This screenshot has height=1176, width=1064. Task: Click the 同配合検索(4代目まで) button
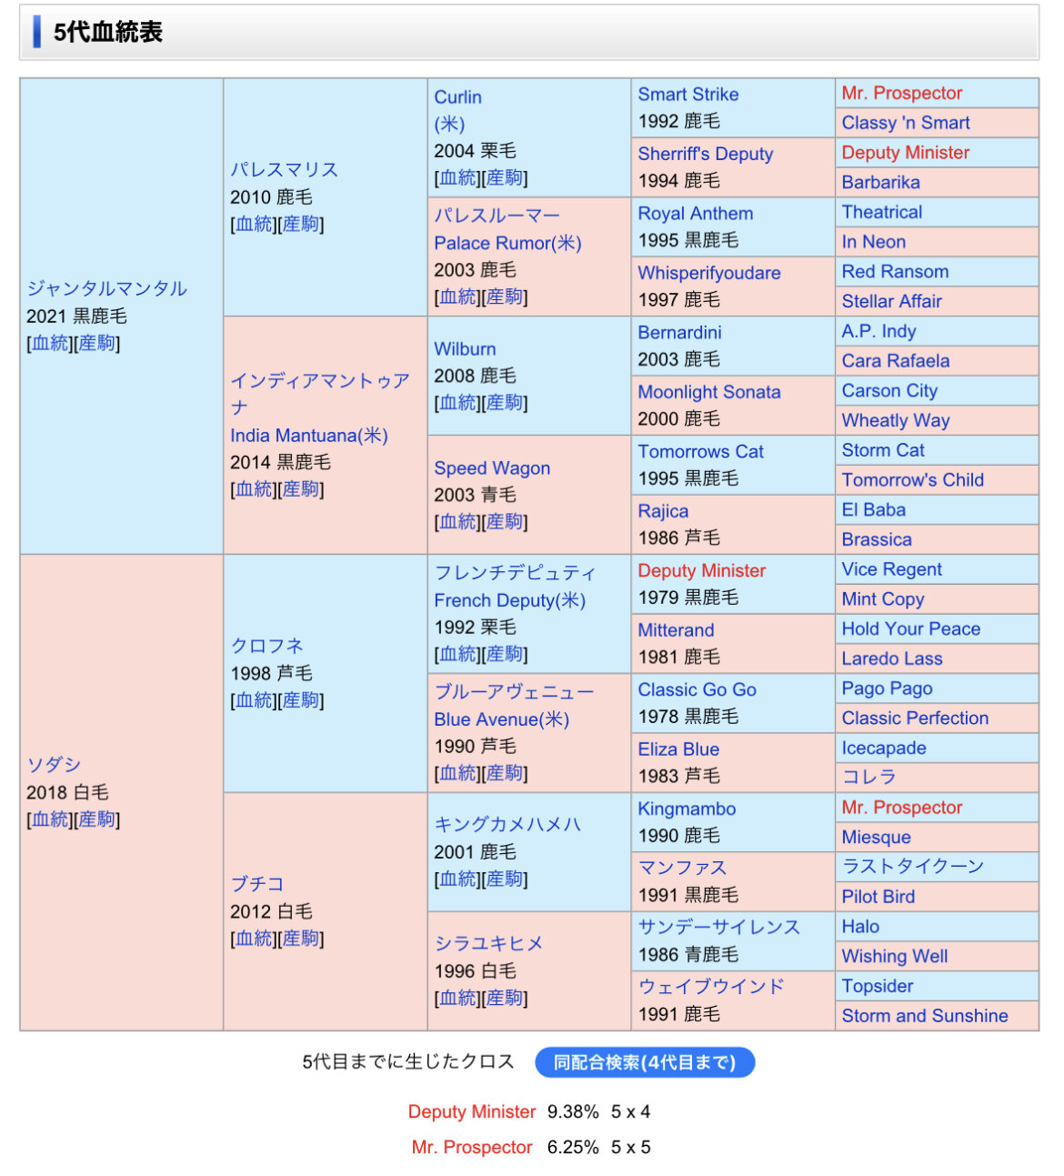(644, 1062)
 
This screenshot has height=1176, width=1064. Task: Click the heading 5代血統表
(107, 33)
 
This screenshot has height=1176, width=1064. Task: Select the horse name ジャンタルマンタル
(106, 289)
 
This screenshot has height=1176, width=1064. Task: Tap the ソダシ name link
(54, 765)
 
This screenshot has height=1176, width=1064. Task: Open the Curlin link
(457, 97)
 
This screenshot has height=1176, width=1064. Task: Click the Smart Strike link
(688, 95)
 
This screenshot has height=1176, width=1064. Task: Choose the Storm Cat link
(882, 450)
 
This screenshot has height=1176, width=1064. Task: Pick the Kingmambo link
(687, 809)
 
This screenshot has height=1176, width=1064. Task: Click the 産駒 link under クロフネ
(302, 700)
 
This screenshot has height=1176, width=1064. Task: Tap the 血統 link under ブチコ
(255, 939)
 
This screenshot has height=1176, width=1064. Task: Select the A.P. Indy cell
(878, 331)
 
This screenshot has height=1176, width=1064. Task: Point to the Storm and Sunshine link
(924, 1016)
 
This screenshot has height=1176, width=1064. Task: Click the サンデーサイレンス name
(718, 927)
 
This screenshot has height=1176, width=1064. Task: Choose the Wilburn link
(465, 349)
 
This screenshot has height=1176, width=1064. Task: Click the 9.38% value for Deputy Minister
(573, 1111)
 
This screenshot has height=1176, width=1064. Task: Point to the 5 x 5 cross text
(630, 1147)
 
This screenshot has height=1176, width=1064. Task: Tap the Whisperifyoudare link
(708, 273)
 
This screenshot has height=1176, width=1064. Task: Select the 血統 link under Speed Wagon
(458, 522)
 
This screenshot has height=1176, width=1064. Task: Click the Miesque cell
(876, 837)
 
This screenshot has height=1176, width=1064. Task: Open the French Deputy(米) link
(509, 600)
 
